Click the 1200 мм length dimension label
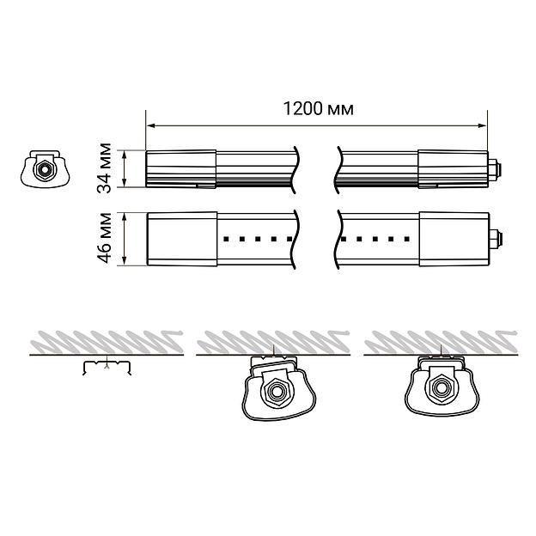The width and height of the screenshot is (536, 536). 318,109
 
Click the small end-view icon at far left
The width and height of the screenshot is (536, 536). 44,169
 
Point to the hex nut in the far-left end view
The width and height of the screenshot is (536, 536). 42,170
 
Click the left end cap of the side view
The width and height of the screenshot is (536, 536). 180,168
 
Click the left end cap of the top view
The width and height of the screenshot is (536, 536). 180,238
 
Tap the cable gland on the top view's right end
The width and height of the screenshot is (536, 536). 493,238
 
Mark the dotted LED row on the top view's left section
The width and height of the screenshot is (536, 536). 259,239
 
